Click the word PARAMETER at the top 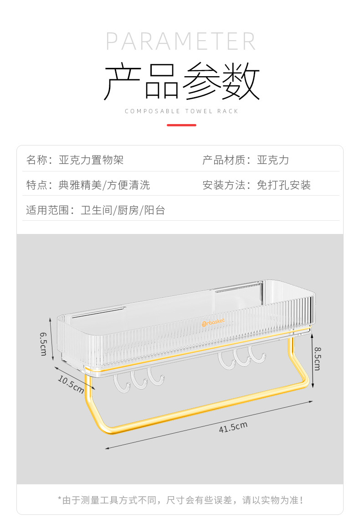[181, 41]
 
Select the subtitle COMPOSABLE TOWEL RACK [181, 111]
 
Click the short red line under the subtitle [181, 125]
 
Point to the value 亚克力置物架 [91, 160]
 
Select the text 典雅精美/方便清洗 [104, 185]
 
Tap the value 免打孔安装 [283, 185]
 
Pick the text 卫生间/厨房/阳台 [123, 210]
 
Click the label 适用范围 [47, 210]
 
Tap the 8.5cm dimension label [317, 358]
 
